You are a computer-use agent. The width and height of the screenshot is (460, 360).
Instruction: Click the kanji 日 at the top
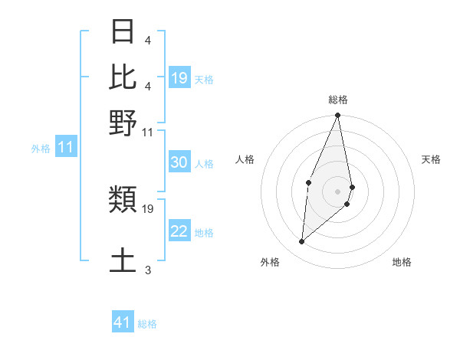tap(123, 32)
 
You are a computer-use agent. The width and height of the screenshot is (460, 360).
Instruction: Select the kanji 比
tap(123, 77)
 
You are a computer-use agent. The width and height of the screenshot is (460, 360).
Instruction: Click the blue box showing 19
tap(179, 78)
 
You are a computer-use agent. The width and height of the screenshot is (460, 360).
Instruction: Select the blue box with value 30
tap(179, 163)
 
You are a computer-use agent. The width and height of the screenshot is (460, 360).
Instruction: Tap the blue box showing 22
tap(179, 232)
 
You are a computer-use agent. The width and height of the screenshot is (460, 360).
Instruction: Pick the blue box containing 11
tap(65, 147)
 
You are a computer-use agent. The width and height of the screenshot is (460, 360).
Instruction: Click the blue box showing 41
tap(123, 322)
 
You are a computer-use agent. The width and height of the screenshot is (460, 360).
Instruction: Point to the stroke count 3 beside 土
tap(148, 270)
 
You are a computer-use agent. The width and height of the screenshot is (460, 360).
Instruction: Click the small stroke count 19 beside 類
tap(149, 208)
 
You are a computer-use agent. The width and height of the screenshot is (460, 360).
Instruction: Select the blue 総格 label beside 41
tap(147, 324)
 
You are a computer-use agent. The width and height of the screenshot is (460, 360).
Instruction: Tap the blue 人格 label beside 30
tap(205, 164)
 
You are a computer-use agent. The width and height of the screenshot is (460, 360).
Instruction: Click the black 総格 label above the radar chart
tap(338, 100)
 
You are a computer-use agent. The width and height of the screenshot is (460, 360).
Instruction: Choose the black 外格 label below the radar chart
tap(270, 262)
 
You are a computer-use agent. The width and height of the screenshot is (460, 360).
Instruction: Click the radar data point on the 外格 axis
tap(301, 242)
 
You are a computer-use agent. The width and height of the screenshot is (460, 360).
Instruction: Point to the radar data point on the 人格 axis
tap(308, 182)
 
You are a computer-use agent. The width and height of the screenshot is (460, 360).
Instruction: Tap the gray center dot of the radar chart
tap(338, 191)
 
